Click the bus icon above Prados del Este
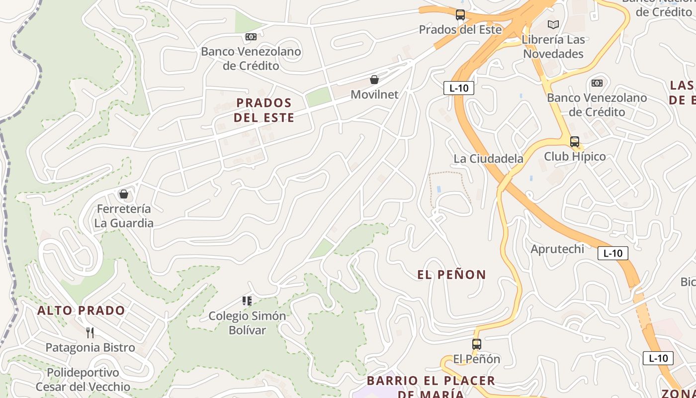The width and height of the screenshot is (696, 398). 460,15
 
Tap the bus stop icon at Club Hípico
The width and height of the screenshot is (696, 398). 575,142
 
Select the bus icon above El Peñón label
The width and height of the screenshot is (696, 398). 477,344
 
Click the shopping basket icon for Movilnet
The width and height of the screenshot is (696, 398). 374,80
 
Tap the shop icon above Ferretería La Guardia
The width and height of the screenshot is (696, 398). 124,194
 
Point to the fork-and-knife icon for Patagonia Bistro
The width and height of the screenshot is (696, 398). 90,332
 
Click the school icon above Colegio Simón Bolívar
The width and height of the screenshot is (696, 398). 247,300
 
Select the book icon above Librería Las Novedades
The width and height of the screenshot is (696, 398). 553,24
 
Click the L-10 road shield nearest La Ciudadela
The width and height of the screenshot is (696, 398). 458,89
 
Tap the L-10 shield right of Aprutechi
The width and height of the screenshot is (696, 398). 612,253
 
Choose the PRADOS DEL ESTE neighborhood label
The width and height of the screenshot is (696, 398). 264,110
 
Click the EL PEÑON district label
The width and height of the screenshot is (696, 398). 451,275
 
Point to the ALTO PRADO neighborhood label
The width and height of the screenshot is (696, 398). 82,311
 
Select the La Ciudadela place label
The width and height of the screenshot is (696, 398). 488,159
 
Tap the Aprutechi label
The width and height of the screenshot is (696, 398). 557,249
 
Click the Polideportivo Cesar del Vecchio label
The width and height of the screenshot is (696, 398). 83,380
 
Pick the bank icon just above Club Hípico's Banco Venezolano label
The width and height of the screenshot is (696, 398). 597,83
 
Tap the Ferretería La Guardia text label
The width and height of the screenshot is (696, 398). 124,216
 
